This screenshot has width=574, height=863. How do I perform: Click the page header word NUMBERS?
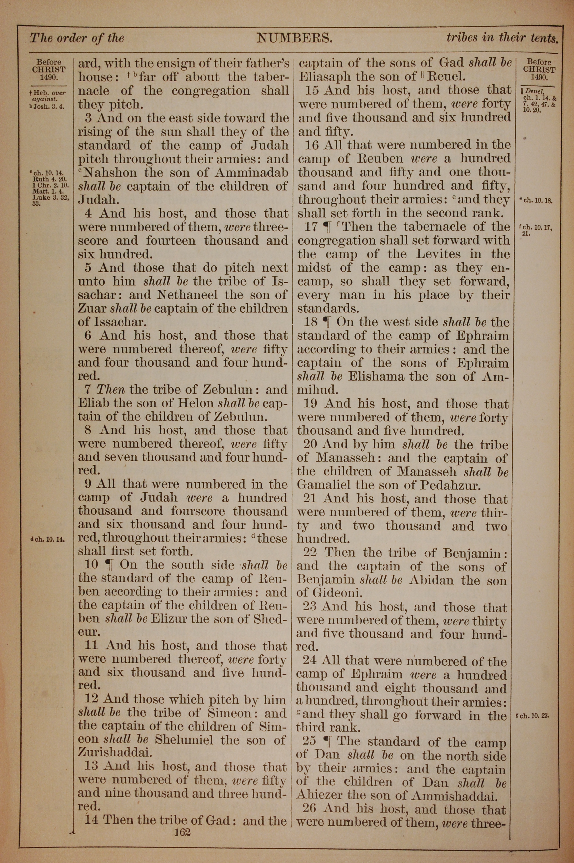tap(294, 38)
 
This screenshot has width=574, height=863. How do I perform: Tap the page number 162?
tap(183, 822)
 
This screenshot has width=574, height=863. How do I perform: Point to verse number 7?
tap(88, 389)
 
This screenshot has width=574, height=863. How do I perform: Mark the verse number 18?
tap(311, 322)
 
